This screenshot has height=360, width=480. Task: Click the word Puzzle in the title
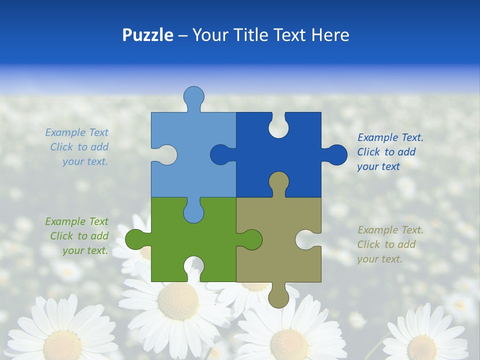pos(147,35)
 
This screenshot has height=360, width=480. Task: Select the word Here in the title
pos(330,35)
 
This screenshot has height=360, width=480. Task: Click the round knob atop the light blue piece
pos(194,96)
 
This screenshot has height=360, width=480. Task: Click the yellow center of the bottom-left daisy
pos(62,345)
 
